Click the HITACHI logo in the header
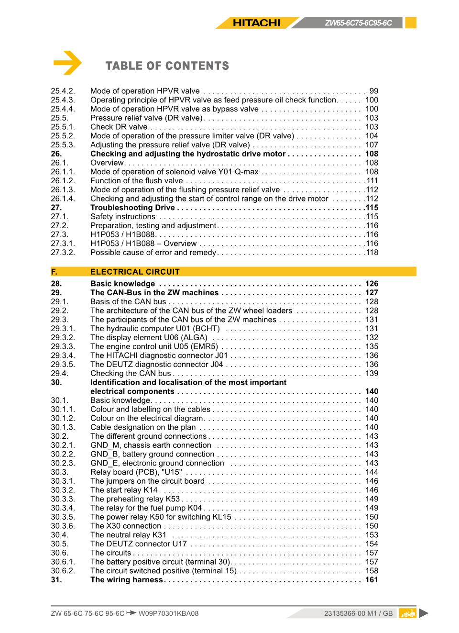[256, 22]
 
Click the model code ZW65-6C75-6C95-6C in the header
[358, 23]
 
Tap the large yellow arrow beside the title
[67, 63]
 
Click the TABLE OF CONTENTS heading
[167, 66]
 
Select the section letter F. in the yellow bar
[54, 272]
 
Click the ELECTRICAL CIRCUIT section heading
[135, 272]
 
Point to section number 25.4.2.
[63, 91]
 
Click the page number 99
[373, 91]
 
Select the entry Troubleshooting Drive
[132, 208]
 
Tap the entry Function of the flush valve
[136, 181]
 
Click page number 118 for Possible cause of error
[372, 253]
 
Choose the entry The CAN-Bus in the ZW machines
[154, 293]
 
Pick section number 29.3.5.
[63, 365]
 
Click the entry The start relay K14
[124, 490]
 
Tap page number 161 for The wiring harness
[371, 580]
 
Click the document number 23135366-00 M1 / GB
[358, 613]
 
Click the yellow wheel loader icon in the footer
[407, 613]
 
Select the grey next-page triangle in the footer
[423, 613]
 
